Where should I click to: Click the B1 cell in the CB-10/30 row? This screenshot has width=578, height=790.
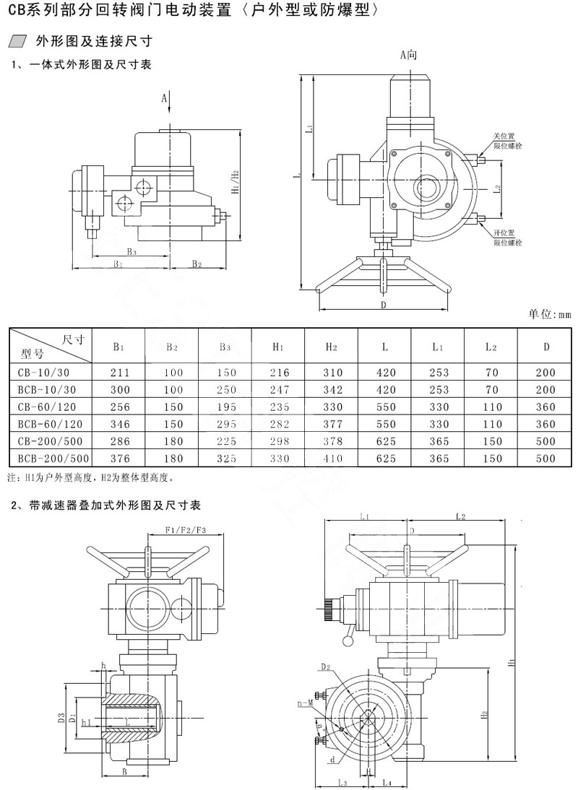click(x=118, y=373)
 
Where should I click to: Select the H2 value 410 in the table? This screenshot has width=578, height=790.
click(x=331, y=459)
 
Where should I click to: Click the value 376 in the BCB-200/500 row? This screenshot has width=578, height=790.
click(x=118, y=459)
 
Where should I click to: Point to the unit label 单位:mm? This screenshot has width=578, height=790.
click(x=549, y=315)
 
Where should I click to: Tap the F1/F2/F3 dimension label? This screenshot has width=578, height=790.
click(x=186, y=530)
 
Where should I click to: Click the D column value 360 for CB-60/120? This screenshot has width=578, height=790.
click(x=546, y=407)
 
